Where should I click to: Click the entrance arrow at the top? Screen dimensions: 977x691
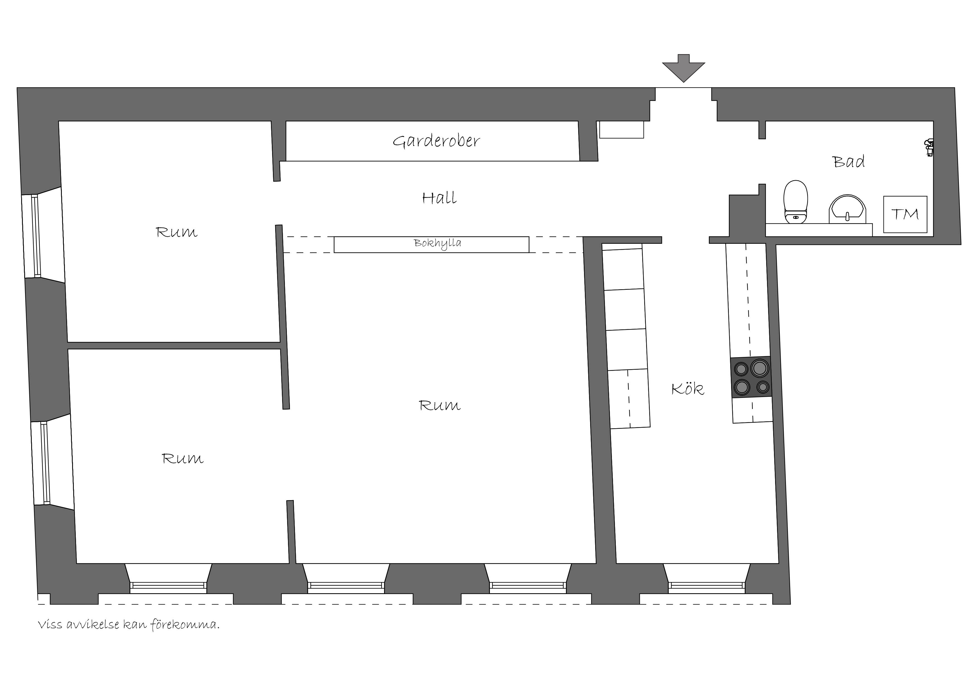pyautogui.click(x=683, y=68)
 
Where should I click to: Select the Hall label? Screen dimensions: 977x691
pyautogui.click(x=439, y=198)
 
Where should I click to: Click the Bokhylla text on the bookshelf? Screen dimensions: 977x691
pyautogui.click(x=438, y=244)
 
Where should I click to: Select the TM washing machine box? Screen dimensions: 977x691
pyautogui.click(x=905, y=214)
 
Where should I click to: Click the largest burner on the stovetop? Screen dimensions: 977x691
pyautogui.click(x=760, y=368)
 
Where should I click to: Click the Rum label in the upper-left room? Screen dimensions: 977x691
pyautogui.click(x=177, y=232)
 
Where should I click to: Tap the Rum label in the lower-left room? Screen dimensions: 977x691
pyautogui.click(x=183, y=459)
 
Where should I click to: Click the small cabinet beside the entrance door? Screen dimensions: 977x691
pyautogui.click(x=621, y=130)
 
